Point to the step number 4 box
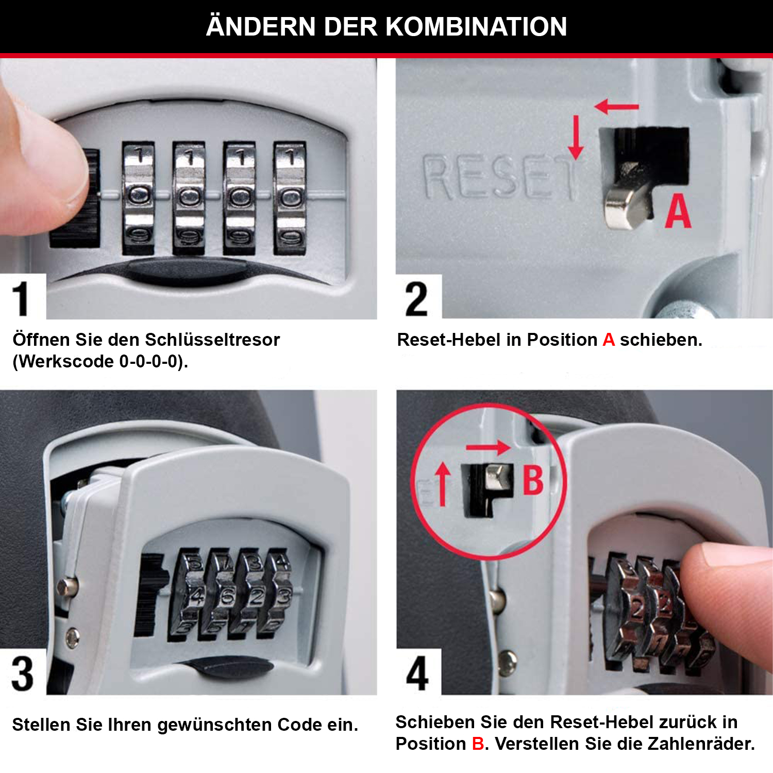[x=417, y=673]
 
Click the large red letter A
[x=677, y=211]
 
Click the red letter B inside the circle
[x=533, y=480]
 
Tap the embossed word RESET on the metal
[x=497, y=178]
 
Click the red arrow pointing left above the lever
[x=616, y=107]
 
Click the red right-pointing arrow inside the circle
[x=488, y=447]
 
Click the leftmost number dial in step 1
[x=139, y=198]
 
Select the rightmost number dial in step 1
[x=290, y=198]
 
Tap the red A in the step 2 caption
[x=608, y=340]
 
